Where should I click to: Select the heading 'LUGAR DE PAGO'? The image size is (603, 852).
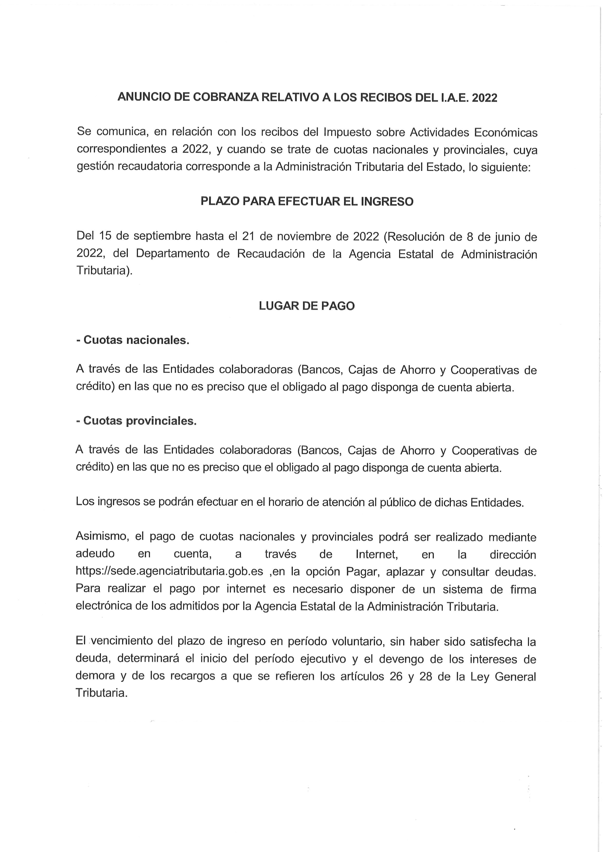pyautogui.click(x=307, y=306)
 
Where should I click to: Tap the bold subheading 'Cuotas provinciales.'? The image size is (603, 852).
pyautogui.click(x=140, y=421)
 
